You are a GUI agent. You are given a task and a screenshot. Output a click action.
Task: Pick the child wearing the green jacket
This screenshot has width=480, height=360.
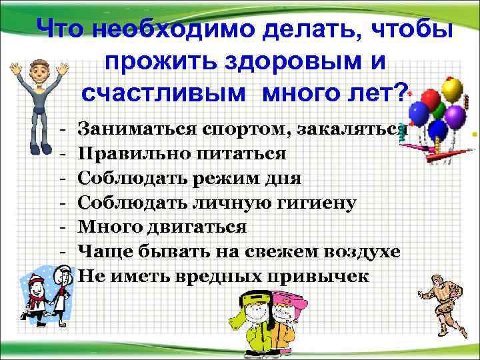coord(248,327)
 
